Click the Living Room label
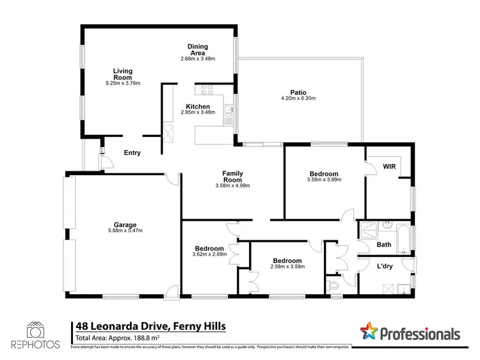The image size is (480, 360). click(x=123, y=74)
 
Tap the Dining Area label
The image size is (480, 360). click(x=198, y=50)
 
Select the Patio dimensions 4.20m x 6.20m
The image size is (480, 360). click(x=298, y=98)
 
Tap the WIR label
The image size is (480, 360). click(x=389, y=166)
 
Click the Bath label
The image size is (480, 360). click(x=384, y=244)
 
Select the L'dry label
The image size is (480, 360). click(x=385, y=266)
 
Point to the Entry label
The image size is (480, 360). click(x=132, y=153)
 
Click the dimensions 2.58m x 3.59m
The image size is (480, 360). click(x=287, y=268)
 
